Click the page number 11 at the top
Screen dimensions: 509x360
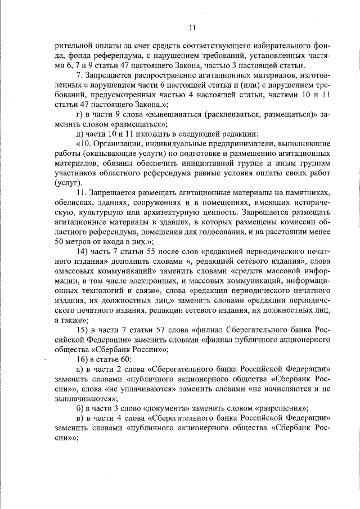(x=192, y=27)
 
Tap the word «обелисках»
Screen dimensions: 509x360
(x=74, y=202)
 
